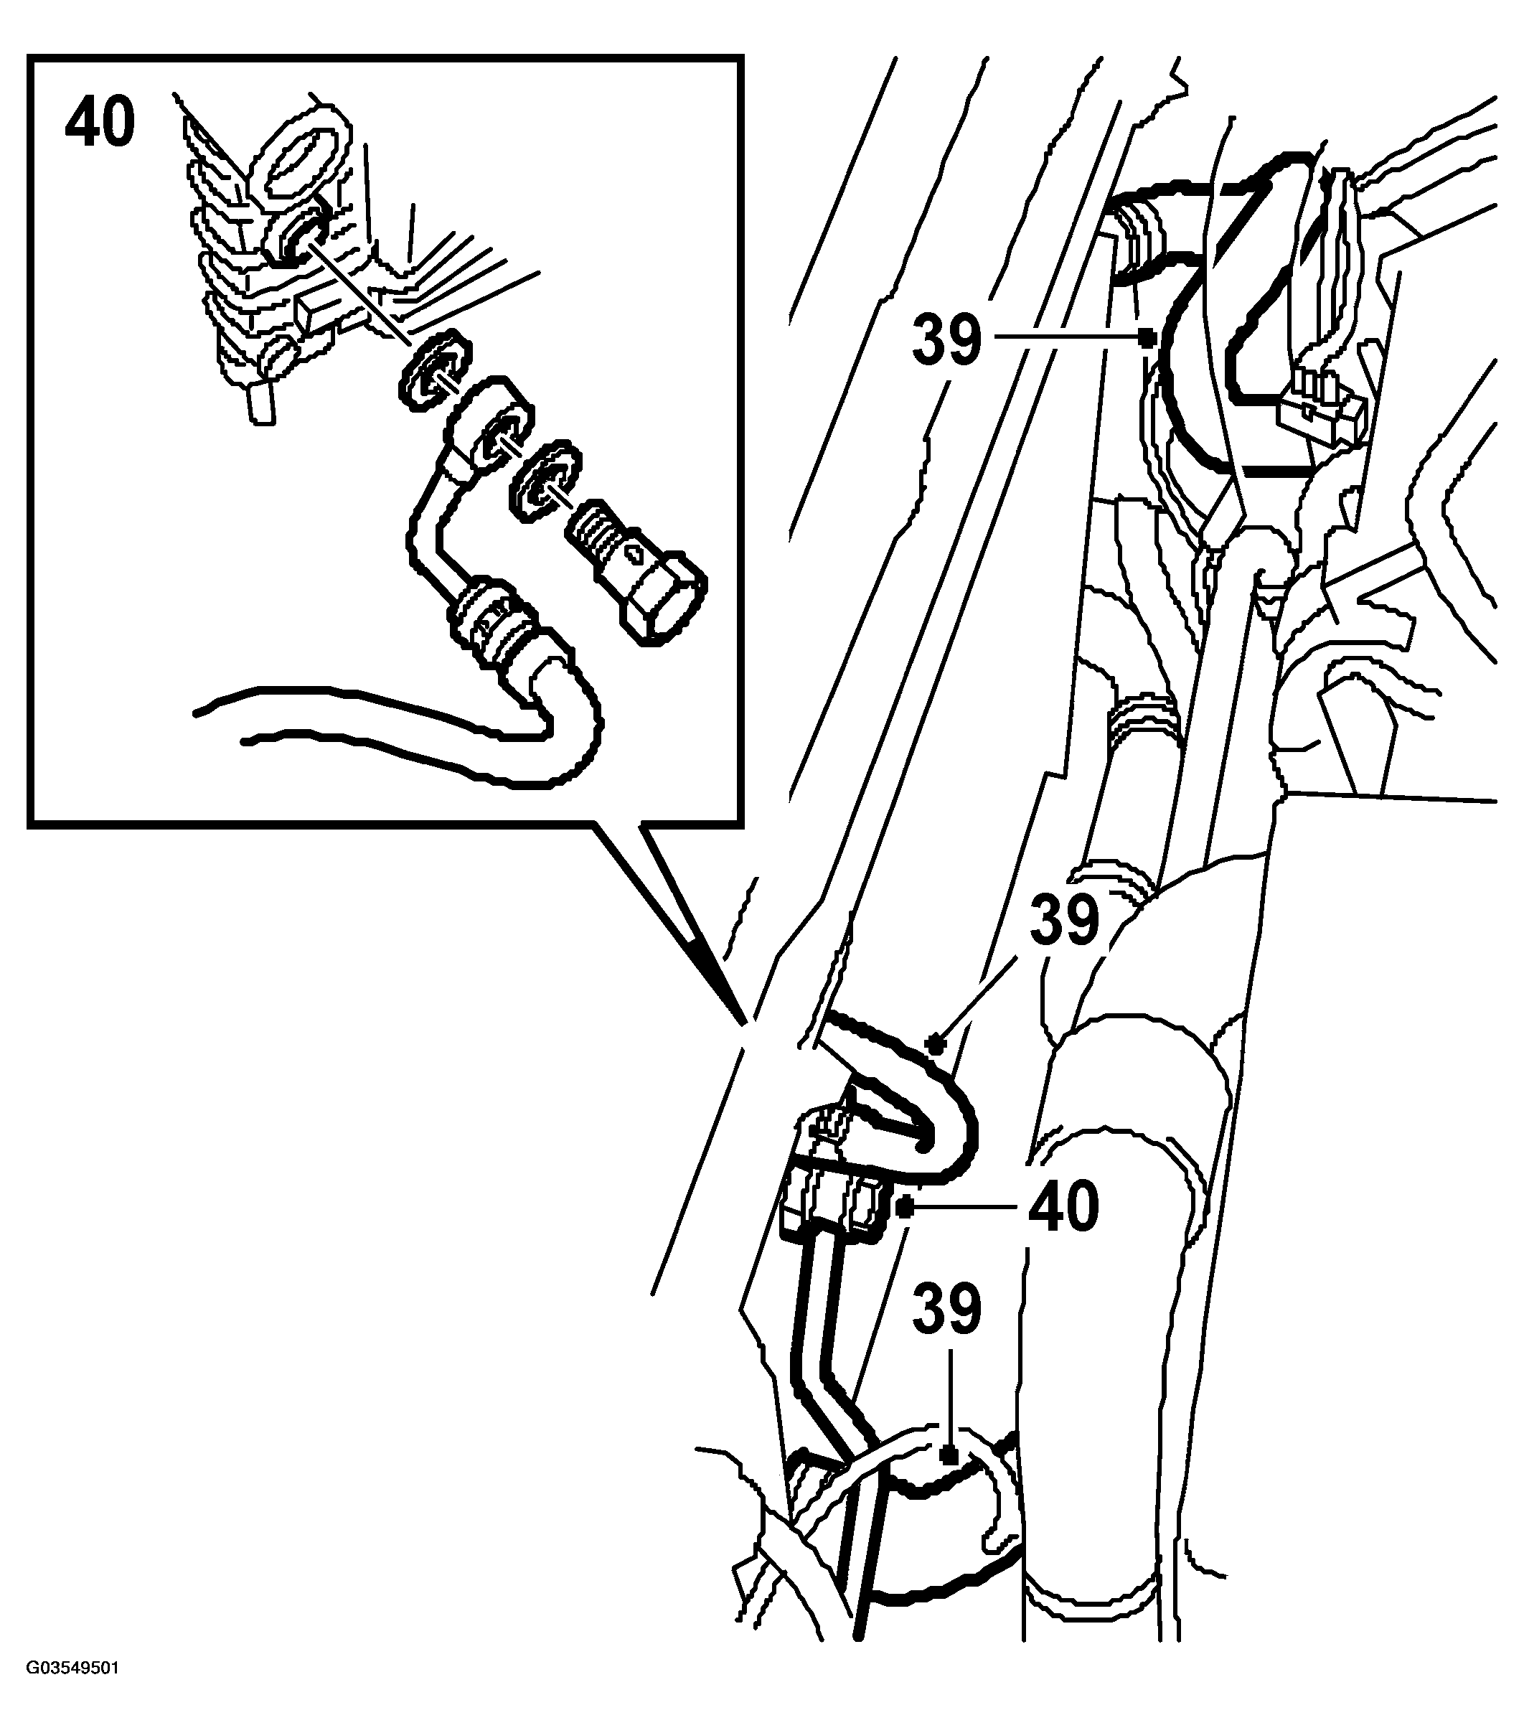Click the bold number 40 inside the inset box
click(x=100, y=120)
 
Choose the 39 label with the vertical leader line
click(x=946, y=1310)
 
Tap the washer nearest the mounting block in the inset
click(x=433, y=369)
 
